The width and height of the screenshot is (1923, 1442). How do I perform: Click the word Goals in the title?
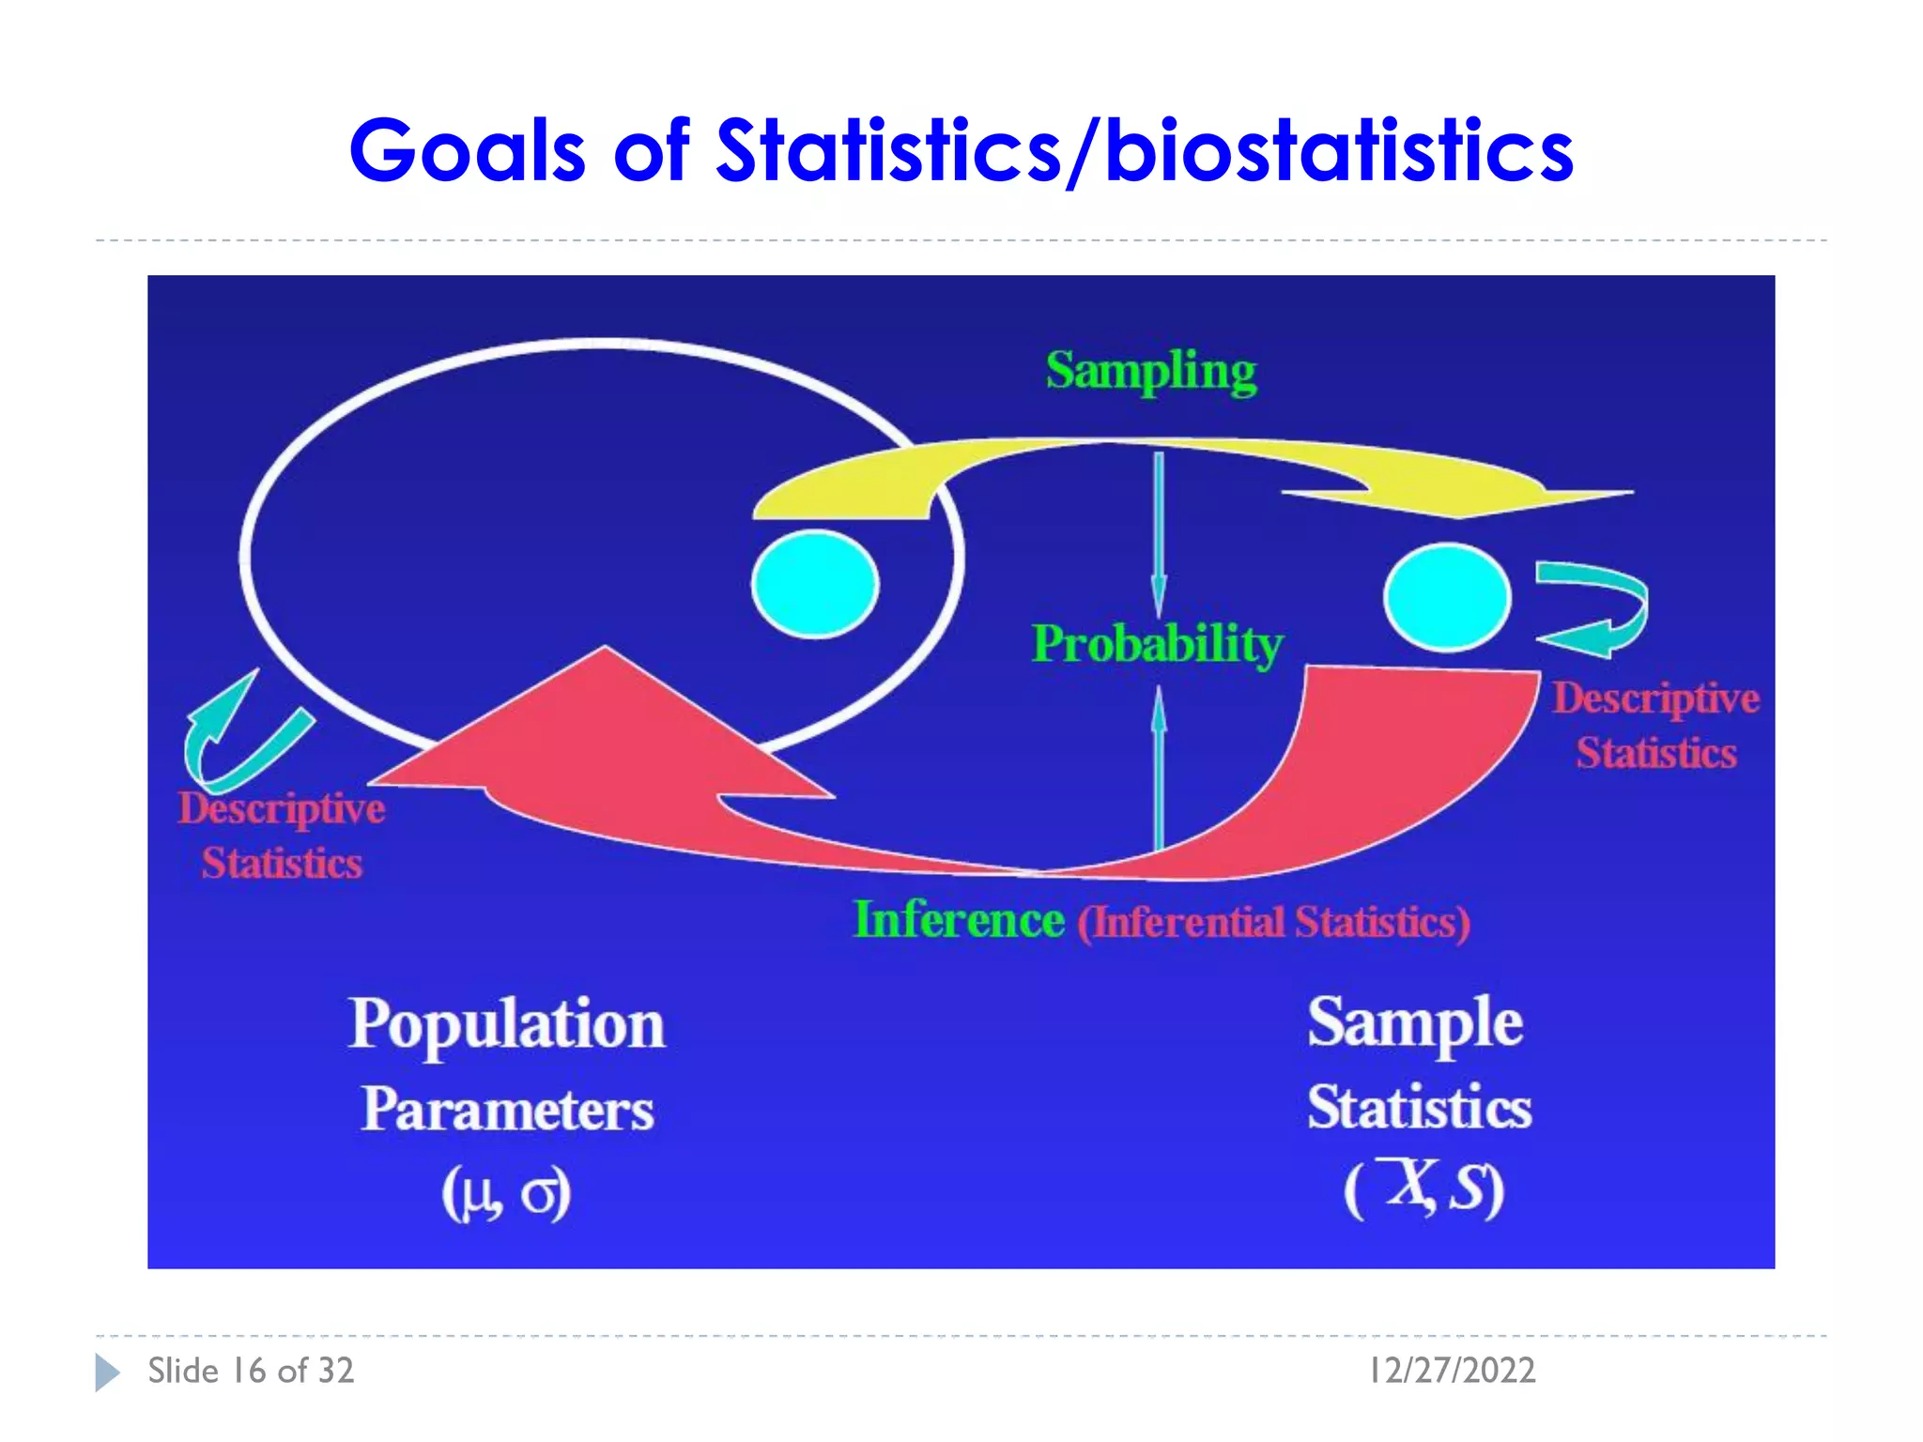[x=467, y=152]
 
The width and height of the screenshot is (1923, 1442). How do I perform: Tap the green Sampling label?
[x=1151, y=372]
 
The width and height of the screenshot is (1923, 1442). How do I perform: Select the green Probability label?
[x=1157, y=645]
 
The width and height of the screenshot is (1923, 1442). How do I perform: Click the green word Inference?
[x=959, y=920]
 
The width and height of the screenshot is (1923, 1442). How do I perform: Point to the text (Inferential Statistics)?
[x=1273, y=923]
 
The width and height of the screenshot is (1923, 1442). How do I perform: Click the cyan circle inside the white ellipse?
[x=815, y=584]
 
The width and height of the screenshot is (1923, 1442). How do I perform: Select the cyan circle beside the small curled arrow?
[x=1447, y=597]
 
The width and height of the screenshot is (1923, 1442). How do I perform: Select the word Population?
[x=507, y=1024]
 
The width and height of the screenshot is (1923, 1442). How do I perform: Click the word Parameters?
[x=507, y=1110]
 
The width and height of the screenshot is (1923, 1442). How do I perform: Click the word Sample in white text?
[x=1415, y=1023]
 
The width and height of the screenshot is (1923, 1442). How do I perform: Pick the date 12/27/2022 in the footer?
[x=1452, y=1371]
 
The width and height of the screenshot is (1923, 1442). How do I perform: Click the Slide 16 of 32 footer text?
[x=251, y=1371]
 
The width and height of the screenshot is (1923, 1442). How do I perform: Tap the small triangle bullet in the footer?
[x=107, y=1373]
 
